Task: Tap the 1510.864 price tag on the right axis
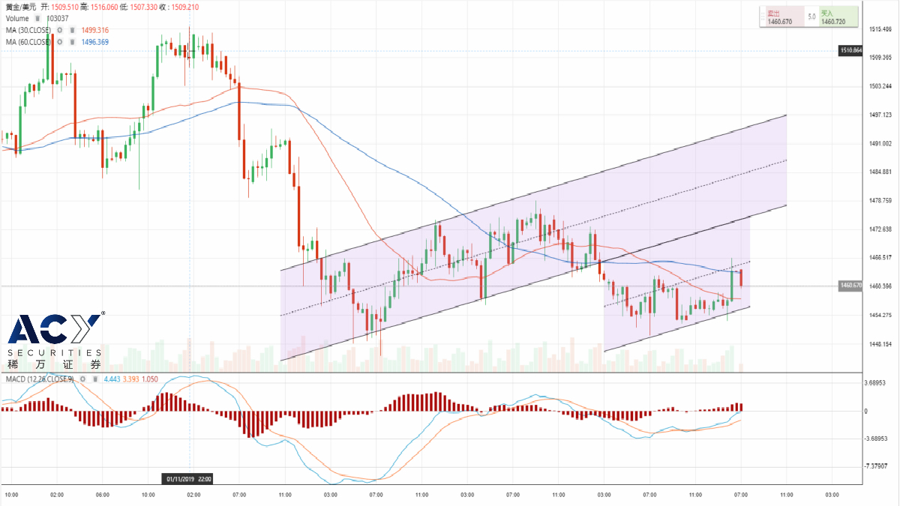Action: [850, 50]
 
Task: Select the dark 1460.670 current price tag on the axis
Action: [850, 286]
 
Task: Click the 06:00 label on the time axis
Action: [103, 495]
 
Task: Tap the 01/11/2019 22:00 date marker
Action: [188, 478]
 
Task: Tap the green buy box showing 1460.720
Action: [838, 17]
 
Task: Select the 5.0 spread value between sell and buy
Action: [811, 16]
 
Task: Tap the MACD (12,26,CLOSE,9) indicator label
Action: [39, 379]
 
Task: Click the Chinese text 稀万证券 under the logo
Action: [54, 364]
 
